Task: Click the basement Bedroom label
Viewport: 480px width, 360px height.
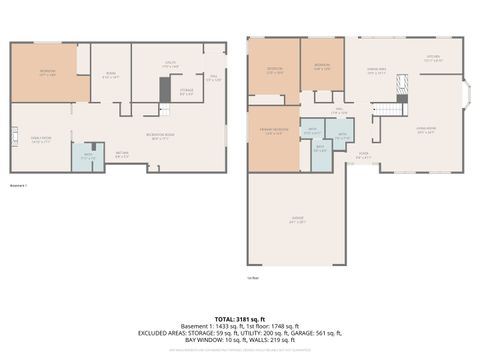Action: [47, 73]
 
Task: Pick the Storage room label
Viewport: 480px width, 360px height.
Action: [186, 93]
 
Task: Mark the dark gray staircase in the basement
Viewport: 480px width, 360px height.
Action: [165, 89]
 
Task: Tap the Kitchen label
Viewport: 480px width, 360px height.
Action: [433, 59]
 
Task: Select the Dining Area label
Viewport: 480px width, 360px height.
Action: [376, 70]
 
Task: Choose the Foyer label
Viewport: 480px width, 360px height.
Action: [364, 155]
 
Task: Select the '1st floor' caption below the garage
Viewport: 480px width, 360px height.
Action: [254, 277]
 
